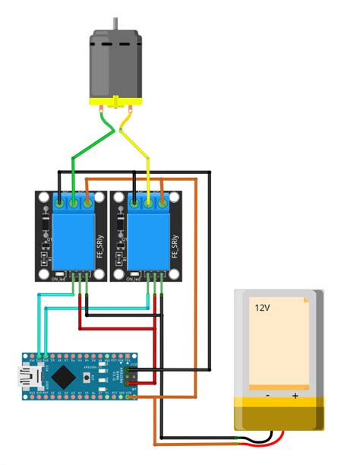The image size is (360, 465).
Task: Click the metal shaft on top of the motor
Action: [x=116, y=24]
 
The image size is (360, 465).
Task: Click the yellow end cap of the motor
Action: [x=115, y=101]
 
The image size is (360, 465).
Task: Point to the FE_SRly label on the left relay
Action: [x=100, y=248]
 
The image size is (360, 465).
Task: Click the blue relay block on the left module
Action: [x=73, y=239]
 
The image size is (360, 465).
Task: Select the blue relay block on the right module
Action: [x=148, y=239]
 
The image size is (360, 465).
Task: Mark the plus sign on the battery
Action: [x=295, y=396]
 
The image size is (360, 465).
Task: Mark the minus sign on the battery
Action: [x=267, y=396]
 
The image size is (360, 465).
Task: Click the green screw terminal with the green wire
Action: [x=74, y=202]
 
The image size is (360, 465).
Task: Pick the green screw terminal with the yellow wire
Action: [x=149, y=202]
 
